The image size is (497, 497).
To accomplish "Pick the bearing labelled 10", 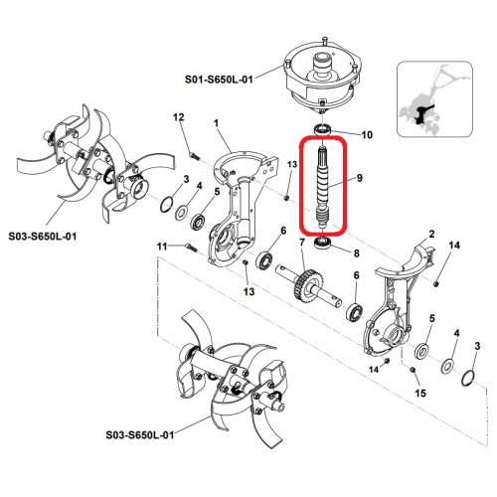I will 323,131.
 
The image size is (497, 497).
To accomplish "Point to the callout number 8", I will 355,252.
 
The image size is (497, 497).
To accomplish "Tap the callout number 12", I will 180,118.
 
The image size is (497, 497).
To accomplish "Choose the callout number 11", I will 160,246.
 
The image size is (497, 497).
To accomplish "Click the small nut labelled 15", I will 412,370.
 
